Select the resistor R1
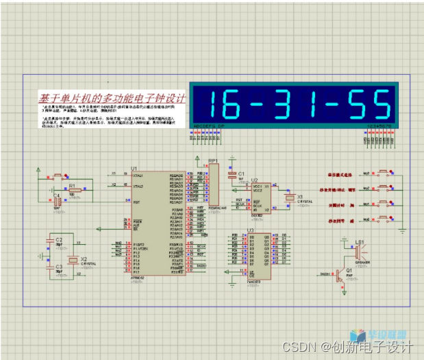(71, 191)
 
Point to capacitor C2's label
(59, 239)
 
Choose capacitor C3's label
(59, 266)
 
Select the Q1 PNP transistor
(340, 274)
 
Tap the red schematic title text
(112, 97)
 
